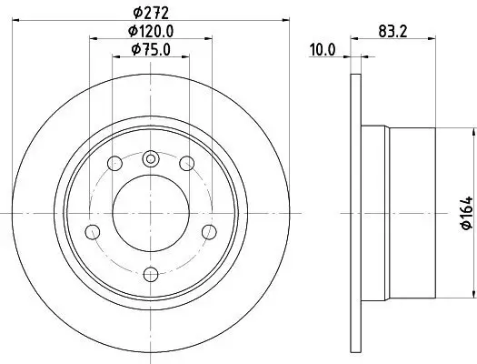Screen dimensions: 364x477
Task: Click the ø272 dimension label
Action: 151,12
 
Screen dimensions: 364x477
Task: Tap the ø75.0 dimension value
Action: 151,49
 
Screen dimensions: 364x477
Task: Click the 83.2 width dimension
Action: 392,32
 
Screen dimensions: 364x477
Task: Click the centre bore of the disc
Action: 151,211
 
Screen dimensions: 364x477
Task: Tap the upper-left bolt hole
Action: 115,163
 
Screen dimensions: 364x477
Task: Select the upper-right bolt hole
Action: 186,163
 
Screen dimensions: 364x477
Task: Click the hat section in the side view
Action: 409,211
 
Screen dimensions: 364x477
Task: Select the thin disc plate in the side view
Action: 353,211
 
